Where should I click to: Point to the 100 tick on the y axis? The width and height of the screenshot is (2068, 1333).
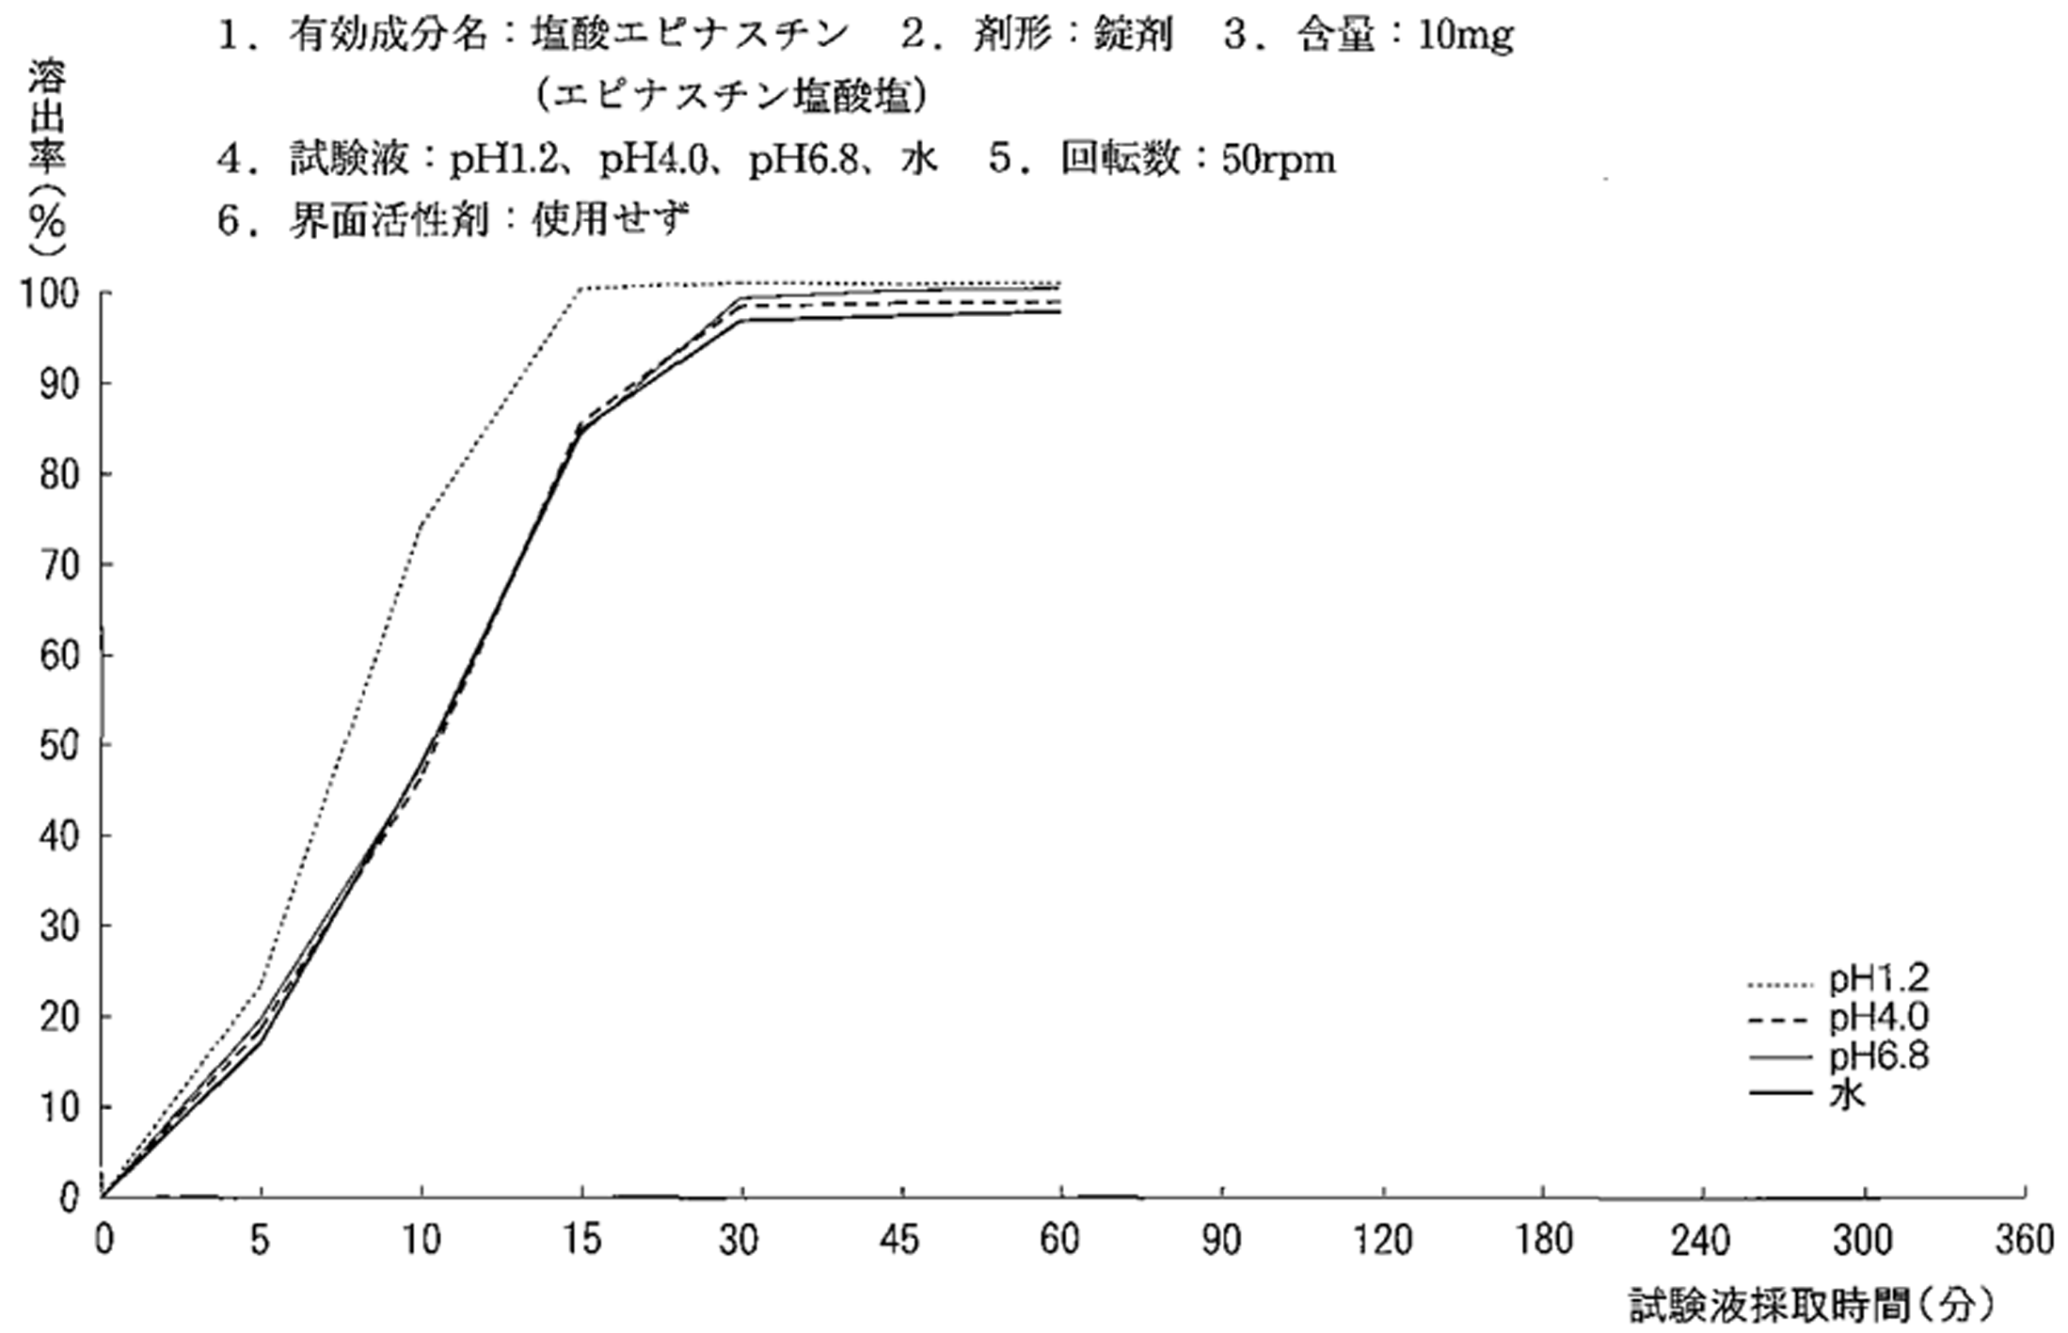tap(52, 294)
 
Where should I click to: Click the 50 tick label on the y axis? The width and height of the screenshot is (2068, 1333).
tap(59, 745)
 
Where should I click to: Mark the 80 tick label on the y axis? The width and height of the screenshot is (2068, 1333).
tap(59, 474)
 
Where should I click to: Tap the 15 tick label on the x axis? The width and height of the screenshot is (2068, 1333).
tap(582, 1241)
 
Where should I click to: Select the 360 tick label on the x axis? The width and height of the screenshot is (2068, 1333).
tap(2024, 1241)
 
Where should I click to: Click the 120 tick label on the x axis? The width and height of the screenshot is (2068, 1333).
tap(1383, 1241)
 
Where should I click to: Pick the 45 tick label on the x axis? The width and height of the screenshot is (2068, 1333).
tap(901, 1241)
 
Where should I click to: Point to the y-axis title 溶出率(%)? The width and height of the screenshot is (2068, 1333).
tap(45, 155)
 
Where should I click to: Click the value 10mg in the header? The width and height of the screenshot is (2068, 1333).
tap(1465, 36)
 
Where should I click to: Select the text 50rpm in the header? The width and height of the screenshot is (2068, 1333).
tap(1279, 160)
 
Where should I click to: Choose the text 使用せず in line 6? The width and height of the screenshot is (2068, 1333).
tap(611, 221)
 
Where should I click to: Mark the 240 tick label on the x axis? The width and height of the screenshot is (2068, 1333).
tap(1702, 1241)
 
